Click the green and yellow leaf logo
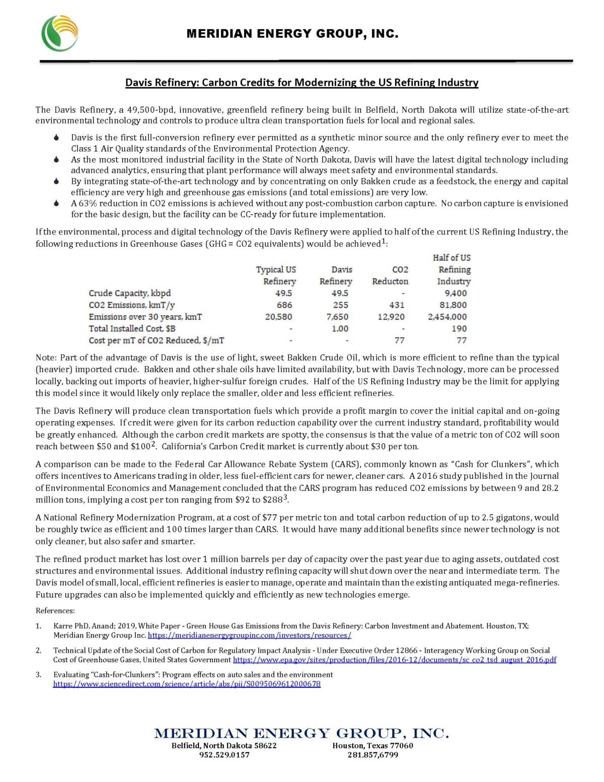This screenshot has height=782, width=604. pyautogui.click(x=59, y=33)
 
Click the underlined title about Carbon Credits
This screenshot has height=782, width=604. pyautogui.click(x=301, y=83)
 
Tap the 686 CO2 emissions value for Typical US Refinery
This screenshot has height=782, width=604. pyautogui.click(x=284, y=305)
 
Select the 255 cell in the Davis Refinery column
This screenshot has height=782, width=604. pyautogui.click(x=340, y=305)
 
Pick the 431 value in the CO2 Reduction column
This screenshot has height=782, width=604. pyautogui.click(x=397, y=305)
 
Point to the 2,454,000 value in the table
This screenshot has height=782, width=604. pyautogui.click(x=447, y=317)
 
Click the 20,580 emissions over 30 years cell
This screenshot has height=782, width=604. pyautogui.click(x=278, y=317)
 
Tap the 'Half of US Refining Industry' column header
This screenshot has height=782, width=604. pyautogui.click(x=452, y=269)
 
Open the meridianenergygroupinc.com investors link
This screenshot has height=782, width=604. pyautogui.click(x=249, y=635)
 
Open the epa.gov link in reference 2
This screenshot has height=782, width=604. pyautogui.click(x=394, y=660)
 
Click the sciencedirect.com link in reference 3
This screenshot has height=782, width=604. pyautogui.click(x=187, y=684)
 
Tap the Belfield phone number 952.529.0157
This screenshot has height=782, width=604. pyautogui.click(x=224, y=755)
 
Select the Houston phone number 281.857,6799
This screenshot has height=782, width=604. pyautogui.click(x=372, y=755)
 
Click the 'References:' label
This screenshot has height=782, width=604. pyautogui.click(x=55, y=611)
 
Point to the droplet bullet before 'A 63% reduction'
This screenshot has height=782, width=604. pyautogui.click(x=57, y=203)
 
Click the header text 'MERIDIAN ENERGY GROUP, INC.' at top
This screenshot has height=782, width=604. pyautogui.click(x=292, y=34)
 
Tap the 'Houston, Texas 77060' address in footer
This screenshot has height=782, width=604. pyautogui.click(x=372, y=745)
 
